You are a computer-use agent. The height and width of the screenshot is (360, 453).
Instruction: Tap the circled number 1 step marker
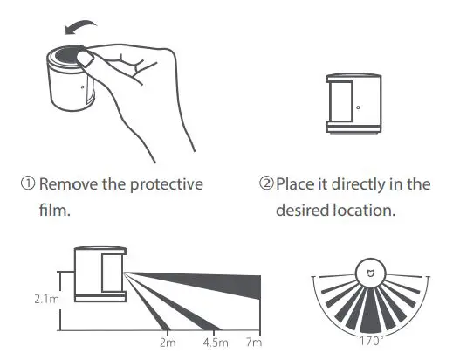point(27,185)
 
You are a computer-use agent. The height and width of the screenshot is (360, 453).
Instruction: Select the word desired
point(303,211)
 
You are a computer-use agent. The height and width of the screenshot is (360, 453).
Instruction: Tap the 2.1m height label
point(38,298)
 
